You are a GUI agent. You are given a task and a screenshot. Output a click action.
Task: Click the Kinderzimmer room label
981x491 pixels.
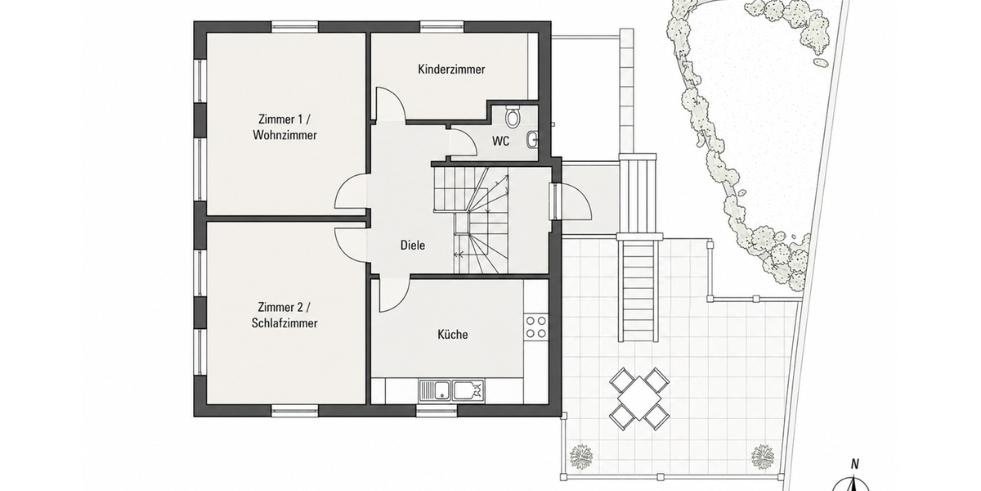pyautogui.click(x=451, y=70)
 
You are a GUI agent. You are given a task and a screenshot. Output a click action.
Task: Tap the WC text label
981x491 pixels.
pyautogui.click(x=500, y=141)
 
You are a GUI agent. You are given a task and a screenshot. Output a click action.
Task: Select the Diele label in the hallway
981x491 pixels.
pyautogui.click(x=413, y=245)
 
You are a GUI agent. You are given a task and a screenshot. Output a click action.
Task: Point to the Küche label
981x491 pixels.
pyautogui.click(x=452, y=335)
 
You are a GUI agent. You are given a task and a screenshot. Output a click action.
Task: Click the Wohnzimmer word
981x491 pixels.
pyautogui.click(x=284, y=135)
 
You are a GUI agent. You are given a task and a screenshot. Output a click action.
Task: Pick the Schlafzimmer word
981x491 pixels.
pyautogui.click(x=284, y=323)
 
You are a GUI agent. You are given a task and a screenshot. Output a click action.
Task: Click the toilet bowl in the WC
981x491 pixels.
pyautogui.click(x=512, y=115)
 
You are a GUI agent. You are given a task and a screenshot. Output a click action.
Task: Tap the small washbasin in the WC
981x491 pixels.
pyautogui.click(x=532, y=140)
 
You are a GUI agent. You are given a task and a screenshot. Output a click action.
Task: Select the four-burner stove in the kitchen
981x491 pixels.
pyautogui.click(x=536, y=327)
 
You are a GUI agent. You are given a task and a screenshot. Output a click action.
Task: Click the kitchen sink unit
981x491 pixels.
pyautogui.click(x=451, y=391)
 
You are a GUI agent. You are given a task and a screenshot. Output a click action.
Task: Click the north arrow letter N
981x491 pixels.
pyautogui.click(x=854, y=464)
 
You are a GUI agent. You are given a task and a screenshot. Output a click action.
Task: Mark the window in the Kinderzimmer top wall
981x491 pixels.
pyautogui.click(x=442, y=26)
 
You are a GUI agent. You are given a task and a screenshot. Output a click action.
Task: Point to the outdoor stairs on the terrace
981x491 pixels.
pyautogui.click(x=638, y=290)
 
